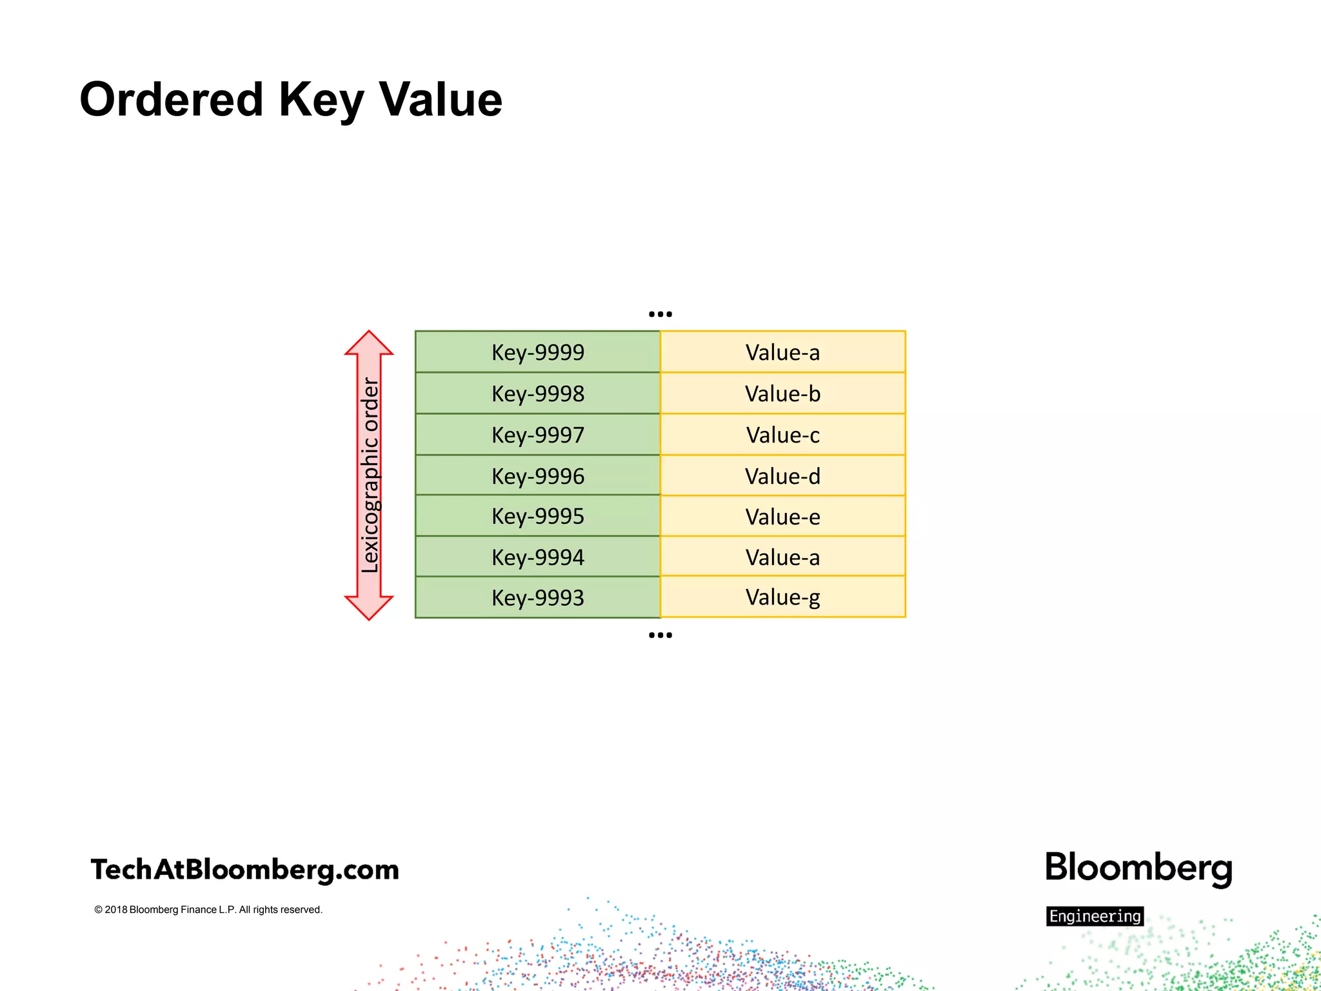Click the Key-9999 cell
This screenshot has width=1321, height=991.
(537, 352)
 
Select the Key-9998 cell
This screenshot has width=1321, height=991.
(537, 394)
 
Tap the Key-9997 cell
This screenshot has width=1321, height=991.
(537, 435)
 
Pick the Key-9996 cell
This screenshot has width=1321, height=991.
(537, 476)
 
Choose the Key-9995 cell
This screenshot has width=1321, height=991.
(537, 516)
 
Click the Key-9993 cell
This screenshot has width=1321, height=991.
(537, 597)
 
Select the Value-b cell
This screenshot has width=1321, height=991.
(782, 394)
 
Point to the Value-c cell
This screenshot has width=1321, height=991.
(782, 435)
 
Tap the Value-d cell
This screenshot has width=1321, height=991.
(782, 476)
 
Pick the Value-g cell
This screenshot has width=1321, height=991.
(782, 597)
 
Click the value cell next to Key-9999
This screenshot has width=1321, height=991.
(782, 352)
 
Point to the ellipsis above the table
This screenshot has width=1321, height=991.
(660, 314)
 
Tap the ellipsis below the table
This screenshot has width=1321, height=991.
(660, 636)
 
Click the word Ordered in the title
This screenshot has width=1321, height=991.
(172, 100)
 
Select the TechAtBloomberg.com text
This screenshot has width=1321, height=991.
(245, 870)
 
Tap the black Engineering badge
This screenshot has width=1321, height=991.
(1095, 916)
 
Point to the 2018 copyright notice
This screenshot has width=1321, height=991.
(208, 910)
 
